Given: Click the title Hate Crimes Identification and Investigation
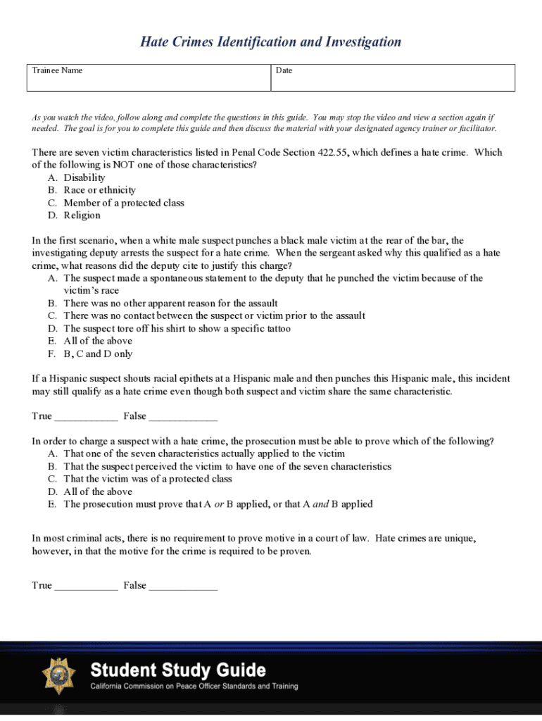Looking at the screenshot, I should [x=271, y=42].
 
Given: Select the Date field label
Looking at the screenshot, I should [x=284, y=70].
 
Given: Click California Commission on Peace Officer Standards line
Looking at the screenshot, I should [x=194, y=686].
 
